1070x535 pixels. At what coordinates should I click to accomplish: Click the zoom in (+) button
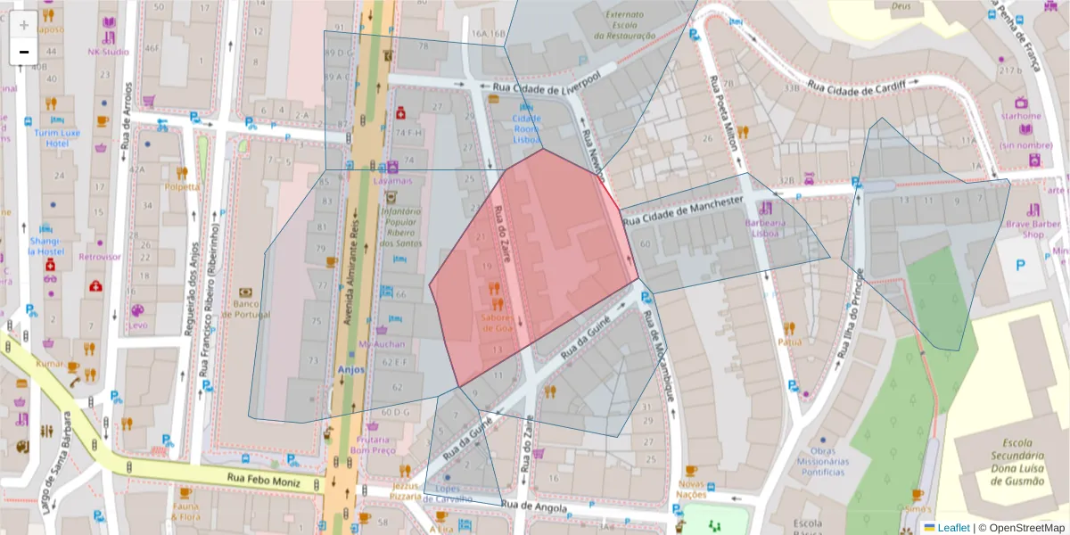[x=24, y=25]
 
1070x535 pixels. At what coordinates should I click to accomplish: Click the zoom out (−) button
[x=24, y=52]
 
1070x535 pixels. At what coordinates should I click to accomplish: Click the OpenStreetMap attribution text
[x=1022, y=527]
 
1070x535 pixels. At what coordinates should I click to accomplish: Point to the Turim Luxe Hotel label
[x=57, y=138]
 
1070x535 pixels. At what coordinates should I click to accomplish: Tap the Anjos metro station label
[x=351, y=369]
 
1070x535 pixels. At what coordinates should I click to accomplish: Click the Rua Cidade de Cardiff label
[x=862, y=86]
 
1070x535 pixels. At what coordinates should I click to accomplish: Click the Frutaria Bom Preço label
[x=373, y=445]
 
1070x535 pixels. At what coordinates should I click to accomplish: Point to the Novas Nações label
[x=691, y=489]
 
